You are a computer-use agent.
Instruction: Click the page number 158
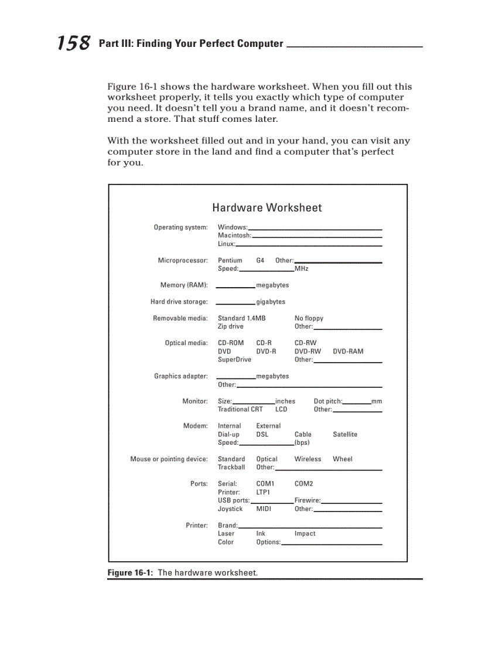(x=74, y=43)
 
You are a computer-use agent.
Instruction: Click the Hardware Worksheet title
(x=267, y=207)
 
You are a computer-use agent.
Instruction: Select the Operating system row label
(x=180, y=227)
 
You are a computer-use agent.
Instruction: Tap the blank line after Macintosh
(x=317, y=236)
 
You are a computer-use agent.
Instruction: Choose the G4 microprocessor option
(x=260, y=260)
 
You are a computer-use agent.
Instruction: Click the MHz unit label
(x=302, y=269)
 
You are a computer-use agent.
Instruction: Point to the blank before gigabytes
(x=235, y=303)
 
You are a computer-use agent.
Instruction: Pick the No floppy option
(x=309, y=318)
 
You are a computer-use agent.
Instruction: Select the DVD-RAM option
(x=348, y=352)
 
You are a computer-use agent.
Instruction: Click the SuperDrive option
(x=234, y=360)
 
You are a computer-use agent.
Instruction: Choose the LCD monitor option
(x=281, y=410)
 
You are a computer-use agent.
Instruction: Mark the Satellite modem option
(x=345, y=435)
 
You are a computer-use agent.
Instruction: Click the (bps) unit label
(x=302, y=443)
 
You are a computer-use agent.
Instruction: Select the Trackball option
(x=231, y=468)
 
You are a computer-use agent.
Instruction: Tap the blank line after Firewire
(x=351, y=502)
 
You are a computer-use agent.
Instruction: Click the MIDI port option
(x=264, y=509)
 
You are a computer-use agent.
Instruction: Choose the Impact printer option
(x=305, y=534)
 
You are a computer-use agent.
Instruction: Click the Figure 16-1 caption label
(x=130, y=572)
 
